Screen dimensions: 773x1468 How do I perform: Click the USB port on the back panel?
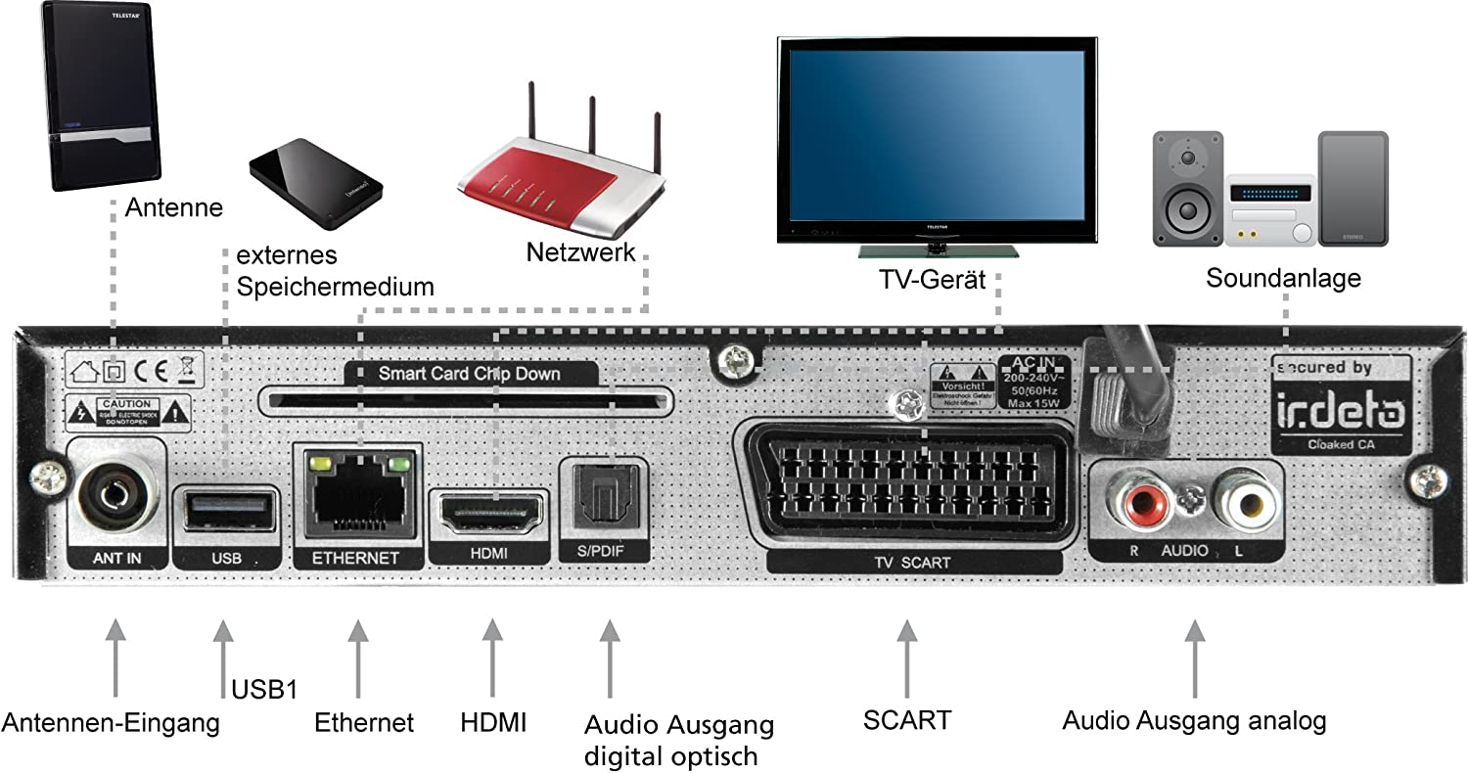point(224,508)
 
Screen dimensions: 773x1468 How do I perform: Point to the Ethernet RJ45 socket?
point(357,499)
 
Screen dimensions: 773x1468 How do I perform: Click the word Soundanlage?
point(1283,278)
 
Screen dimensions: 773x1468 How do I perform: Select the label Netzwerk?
point(580,251)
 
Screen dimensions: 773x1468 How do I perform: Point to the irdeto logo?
point(1340,416)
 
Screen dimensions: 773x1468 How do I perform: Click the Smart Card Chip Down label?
point(470,373)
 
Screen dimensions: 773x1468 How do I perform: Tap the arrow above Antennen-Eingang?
point(115,656)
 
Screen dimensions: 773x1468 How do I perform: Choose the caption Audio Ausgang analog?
point(1194,722)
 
